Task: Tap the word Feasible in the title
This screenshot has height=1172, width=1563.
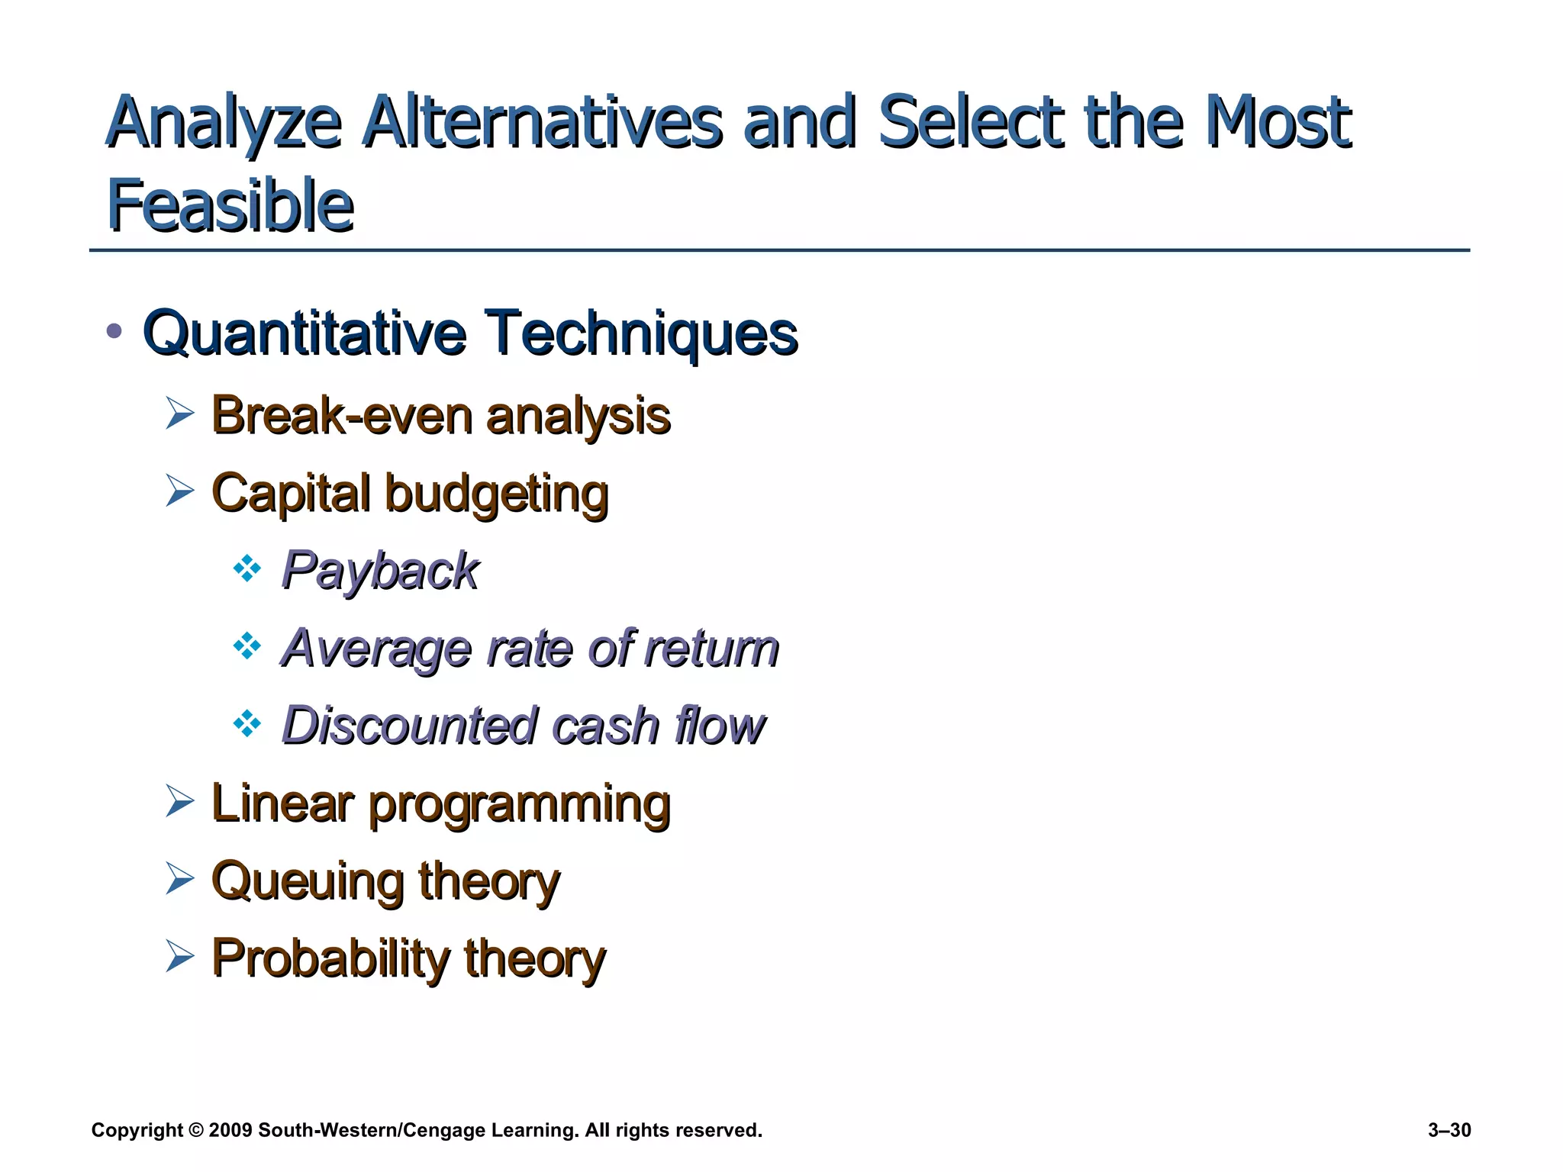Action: pyautogui.click(x=230, y=204)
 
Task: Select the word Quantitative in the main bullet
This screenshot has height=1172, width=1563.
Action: pyautogui.click(x=304, y=334)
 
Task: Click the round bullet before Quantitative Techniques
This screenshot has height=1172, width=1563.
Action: pyautogui.click(x=114, y=330)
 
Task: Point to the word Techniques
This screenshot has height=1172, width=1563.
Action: pyautogui.click(x=642, y=334)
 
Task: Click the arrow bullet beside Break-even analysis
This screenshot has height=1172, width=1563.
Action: pyautogui.click(x=179, y=414)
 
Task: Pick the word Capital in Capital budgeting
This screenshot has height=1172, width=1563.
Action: pyautogui.click(x=290, y=494)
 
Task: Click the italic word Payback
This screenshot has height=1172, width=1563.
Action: pyautogui.click(x=379, y=571)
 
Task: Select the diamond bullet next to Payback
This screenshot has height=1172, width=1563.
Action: pyautogui.click(x=247, y=568)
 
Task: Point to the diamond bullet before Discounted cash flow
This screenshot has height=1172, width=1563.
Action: pyautogui.click(x=247, y=723)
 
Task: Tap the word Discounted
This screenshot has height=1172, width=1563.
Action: pyautogui.click(x=410, y=725)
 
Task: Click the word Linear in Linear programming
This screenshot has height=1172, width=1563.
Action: pyautogui.click(x=282, y=803)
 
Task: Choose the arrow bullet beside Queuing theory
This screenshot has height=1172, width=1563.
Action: pyautogui.click(x=179, y=878)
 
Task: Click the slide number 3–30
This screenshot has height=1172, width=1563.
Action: pyautogui.click(x=1449, y=1130)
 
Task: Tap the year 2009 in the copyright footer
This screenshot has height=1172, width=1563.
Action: pyautogui.click(x=230, y=1130)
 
